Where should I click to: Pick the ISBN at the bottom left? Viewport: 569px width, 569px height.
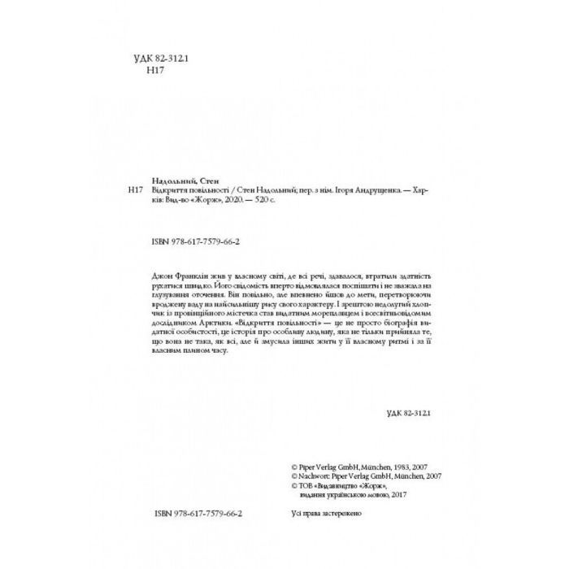point(198,515)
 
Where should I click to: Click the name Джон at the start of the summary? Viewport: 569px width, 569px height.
point(161,276)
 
